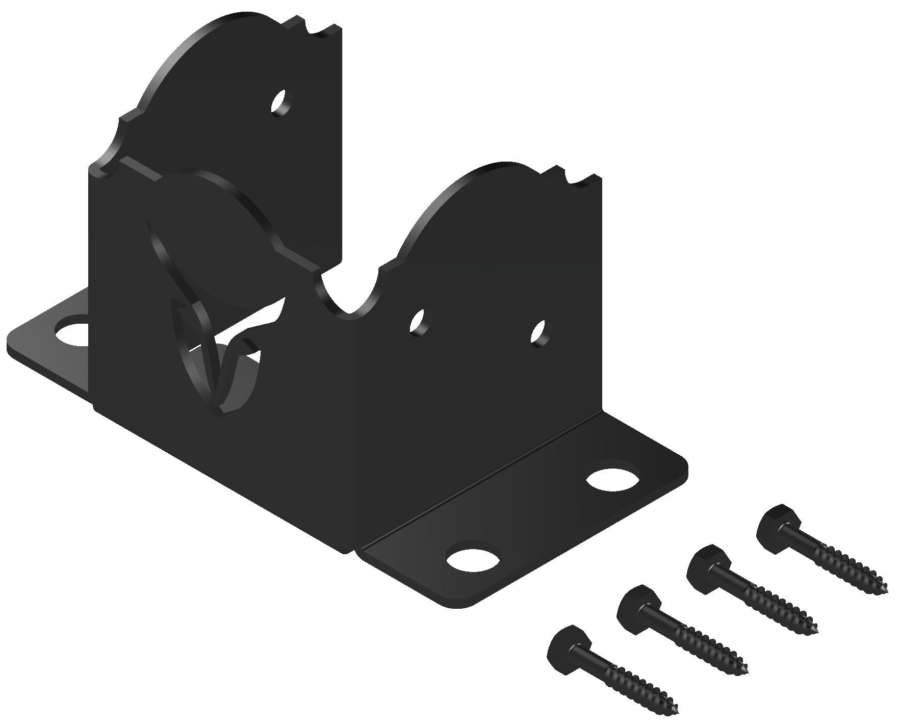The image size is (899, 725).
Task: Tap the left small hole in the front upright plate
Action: tap(420, 322)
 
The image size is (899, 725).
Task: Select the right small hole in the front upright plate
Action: tap(538, 334)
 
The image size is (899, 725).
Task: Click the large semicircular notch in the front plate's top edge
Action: tap(348, 291)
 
